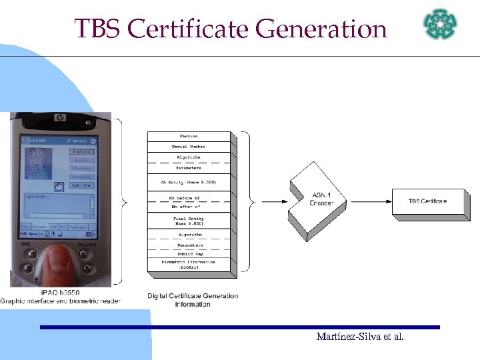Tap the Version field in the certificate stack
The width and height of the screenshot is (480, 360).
pos(189,136)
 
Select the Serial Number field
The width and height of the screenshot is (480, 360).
pos(189,146)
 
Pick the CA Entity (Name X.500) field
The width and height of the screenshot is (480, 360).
pos(189,181)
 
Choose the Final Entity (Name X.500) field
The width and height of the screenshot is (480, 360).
pos(189,221)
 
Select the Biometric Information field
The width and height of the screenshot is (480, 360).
pos(189,265)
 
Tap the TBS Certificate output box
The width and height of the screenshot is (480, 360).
pos(428,201)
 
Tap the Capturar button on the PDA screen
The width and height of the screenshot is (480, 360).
pos(82,152)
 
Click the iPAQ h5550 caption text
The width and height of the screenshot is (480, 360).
pos(60,293)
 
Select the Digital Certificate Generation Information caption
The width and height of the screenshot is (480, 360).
pos(193,300)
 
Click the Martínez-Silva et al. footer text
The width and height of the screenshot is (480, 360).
pos(360,337)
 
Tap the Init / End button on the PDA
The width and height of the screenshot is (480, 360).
pos(82,185)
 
